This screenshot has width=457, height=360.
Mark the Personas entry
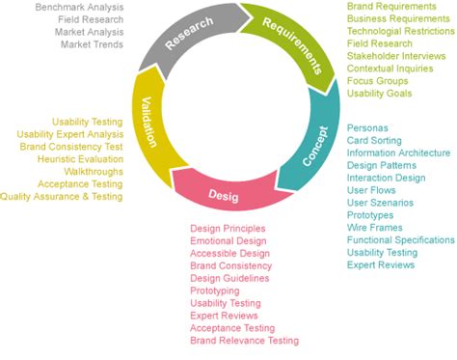(367, 127)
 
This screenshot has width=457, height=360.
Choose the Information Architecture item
(398, 152)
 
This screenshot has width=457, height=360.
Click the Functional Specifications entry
(400, 239)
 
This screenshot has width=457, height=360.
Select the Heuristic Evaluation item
(80, 158)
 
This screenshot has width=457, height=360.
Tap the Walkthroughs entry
(94, 171)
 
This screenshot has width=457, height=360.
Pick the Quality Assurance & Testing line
(62, 196)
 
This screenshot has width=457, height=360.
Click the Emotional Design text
(229, 240)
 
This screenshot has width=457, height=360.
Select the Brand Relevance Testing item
(244, 341)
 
